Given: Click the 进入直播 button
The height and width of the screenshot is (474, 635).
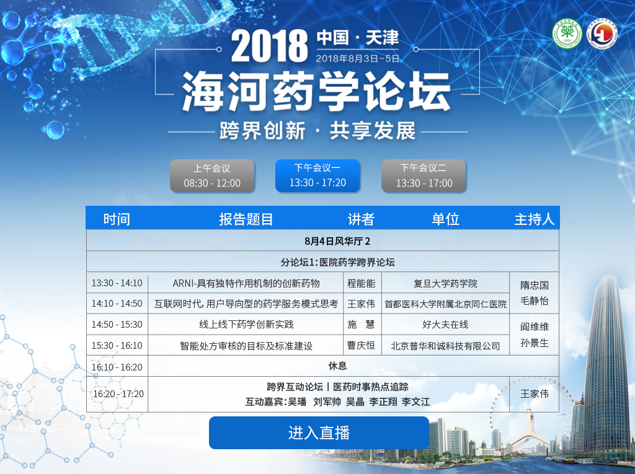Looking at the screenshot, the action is pos(319,432).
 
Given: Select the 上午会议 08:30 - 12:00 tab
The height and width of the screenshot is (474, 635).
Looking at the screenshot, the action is pos(212,176).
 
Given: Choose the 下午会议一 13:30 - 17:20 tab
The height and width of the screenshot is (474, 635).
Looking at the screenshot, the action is pos(317,175).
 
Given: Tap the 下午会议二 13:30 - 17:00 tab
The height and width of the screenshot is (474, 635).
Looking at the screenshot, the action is pos(424,176).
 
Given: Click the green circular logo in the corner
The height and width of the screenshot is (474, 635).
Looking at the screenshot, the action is pos(567,33).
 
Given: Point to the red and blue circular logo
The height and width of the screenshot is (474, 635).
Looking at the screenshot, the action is pos(602,33).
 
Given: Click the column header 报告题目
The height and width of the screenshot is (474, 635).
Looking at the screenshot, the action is pos(246,219).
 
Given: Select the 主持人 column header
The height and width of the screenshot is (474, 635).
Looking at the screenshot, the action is pos(534,219).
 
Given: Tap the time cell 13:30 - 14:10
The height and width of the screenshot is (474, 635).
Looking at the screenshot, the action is pos(117,283).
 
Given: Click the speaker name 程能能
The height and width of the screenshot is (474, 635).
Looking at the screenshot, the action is pos(362,283).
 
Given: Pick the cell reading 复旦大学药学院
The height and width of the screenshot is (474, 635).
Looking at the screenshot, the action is pos(445,283).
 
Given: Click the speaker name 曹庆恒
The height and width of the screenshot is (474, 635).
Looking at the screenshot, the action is pos(362,345).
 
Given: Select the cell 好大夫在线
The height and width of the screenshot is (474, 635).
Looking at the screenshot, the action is pos(445,324).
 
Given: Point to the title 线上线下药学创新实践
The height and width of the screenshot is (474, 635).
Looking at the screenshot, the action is pos(246,324).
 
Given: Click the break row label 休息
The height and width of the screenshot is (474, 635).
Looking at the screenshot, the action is pos(337,366).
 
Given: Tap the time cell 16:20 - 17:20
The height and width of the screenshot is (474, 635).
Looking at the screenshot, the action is pos(118,394).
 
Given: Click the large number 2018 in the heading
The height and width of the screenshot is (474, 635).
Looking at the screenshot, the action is pos(269,46).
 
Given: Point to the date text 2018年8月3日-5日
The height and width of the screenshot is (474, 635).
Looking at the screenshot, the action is pos(357,59).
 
